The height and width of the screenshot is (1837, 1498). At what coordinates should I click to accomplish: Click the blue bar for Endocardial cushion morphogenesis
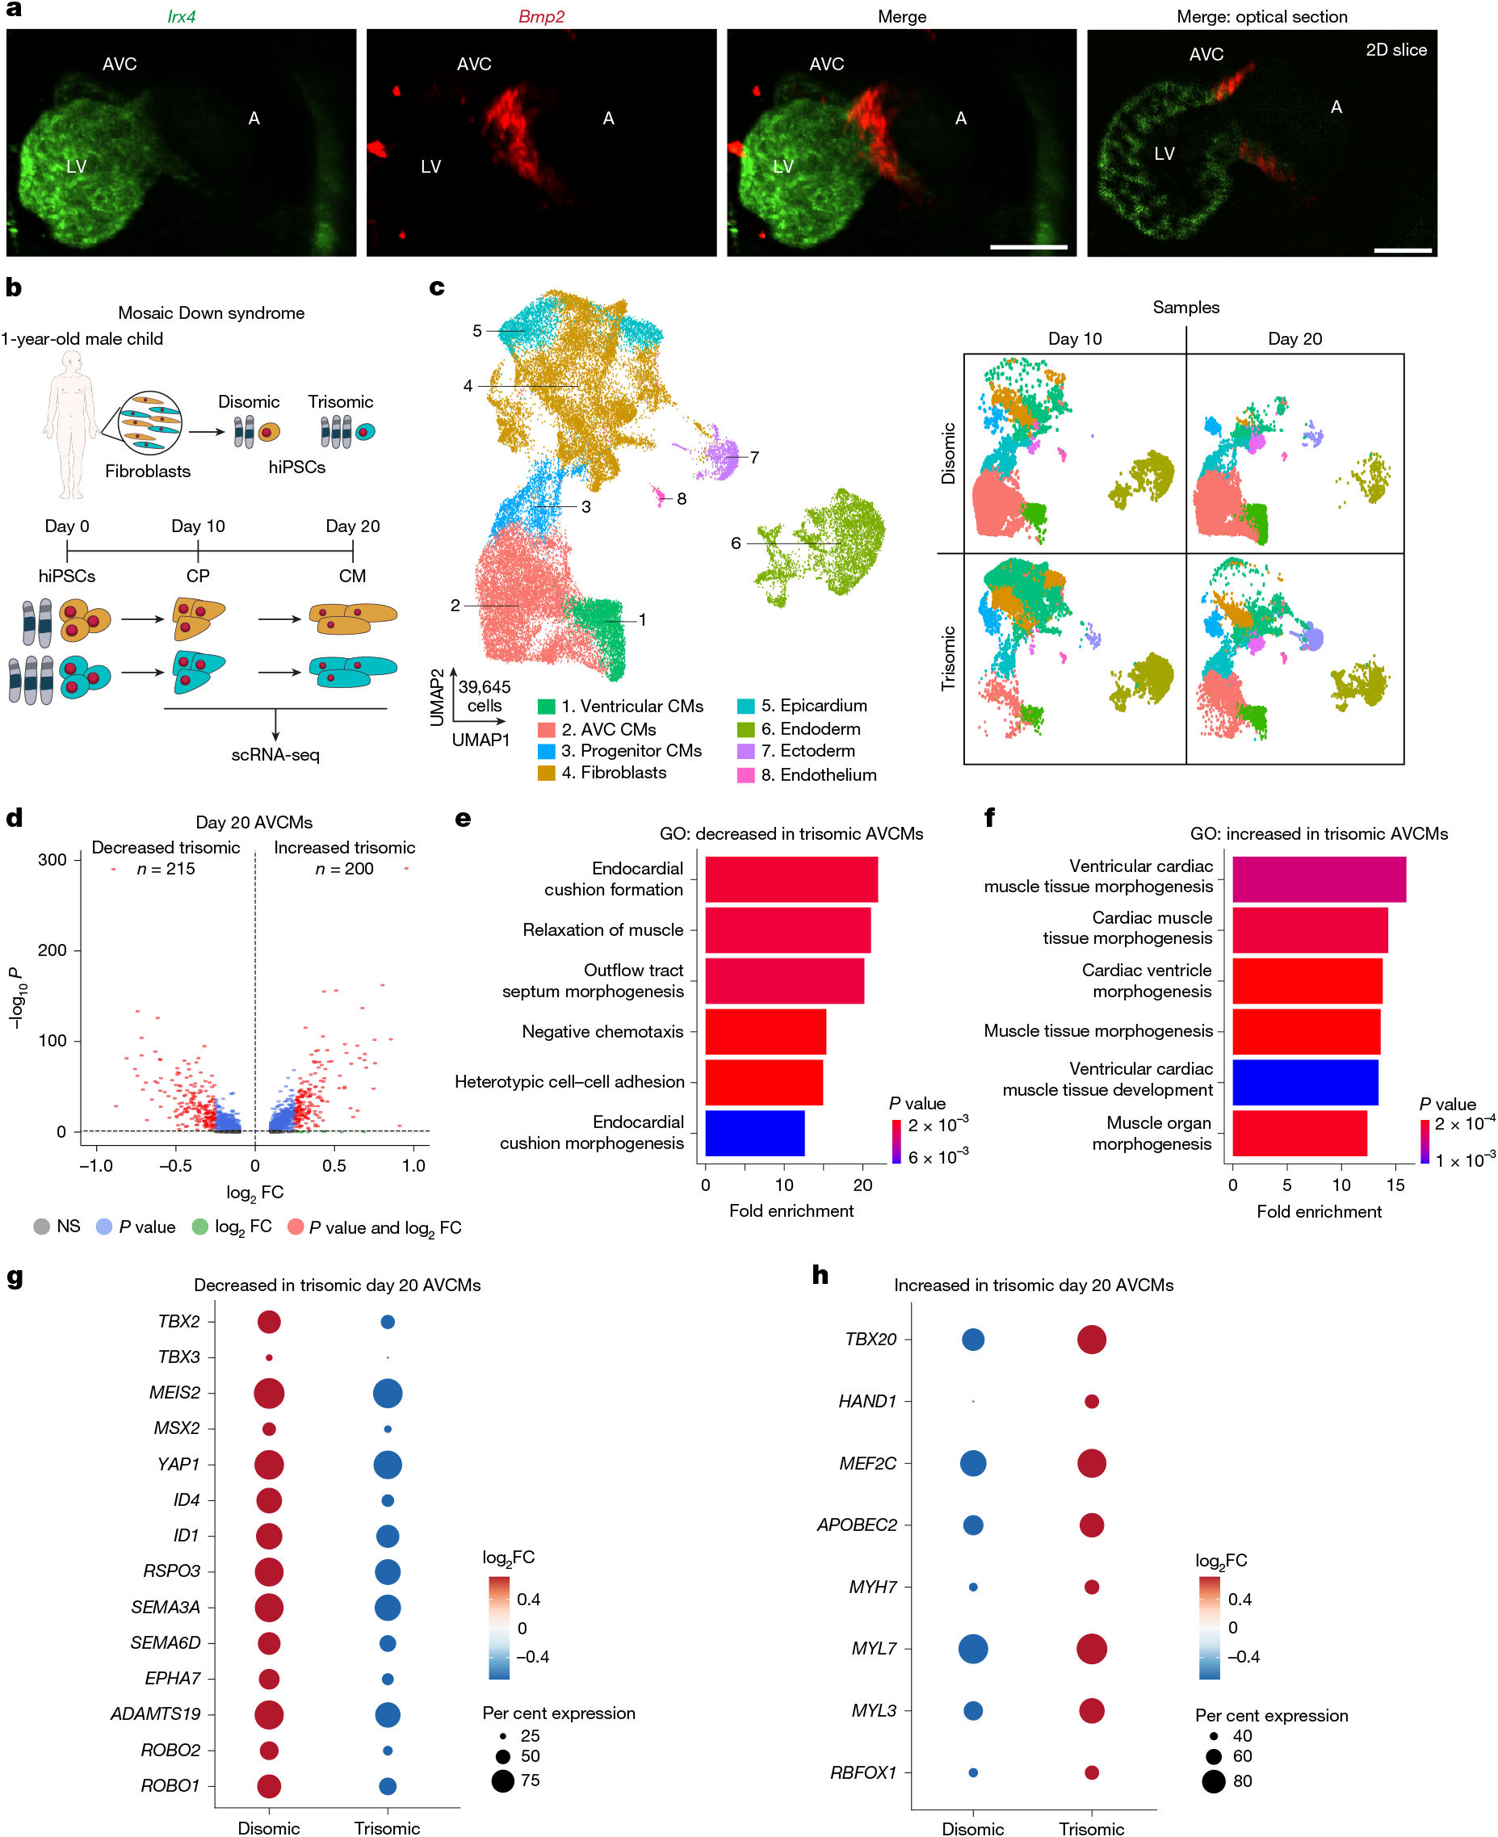(754, 1132)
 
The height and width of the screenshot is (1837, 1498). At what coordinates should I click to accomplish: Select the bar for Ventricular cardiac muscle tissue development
(1304, 1081)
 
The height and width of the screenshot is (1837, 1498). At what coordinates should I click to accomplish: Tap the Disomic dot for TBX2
(269, 1321)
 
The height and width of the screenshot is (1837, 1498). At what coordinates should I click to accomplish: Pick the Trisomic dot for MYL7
(1092, 1648)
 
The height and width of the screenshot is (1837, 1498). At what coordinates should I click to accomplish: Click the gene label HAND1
(867, 1401)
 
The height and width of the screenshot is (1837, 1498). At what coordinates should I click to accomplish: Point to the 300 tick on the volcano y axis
(52, 859)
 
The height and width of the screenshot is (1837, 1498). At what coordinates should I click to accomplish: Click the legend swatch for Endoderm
(745, 729)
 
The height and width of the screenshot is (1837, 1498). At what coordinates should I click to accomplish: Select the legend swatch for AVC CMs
(545, 729)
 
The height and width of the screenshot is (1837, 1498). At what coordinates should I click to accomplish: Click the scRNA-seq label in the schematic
(275, 754)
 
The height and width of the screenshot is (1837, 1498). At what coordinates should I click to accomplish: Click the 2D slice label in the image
(1395, 50)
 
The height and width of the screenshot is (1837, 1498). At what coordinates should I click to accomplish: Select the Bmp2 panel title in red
(541, 16)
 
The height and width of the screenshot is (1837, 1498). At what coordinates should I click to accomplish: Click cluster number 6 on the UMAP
(735, 543)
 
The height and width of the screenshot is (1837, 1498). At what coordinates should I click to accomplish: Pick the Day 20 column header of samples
(1294, 338)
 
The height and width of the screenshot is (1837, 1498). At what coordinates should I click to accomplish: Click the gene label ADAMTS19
(155, 1713)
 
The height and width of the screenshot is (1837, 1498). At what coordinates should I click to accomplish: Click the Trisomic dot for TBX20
(1092, 1339)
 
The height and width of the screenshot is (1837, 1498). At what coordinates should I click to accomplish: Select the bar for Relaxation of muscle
(787, 929)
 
